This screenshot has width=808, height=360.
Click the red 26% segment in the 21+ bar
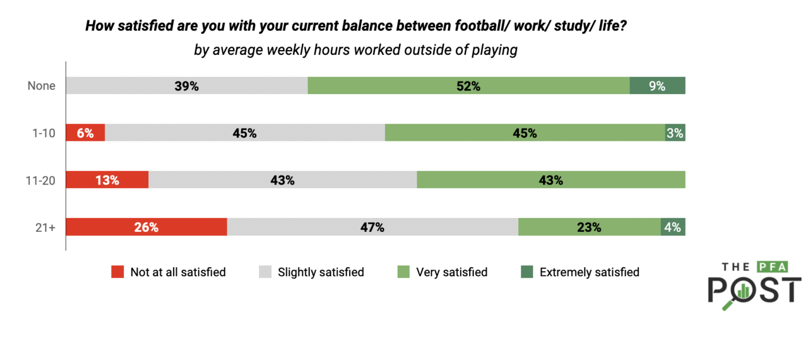(x=146, y=227)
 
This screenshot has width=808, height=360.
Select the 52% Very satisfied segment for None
(x=468, y=86)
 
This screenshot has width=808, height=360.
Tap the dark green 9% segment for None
(x=657, y=86)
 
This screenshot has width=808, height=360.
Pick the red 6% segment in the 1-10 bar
(x=85, y=133)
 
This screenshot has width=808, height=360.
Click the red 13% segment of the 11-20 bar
(x=107, y=180)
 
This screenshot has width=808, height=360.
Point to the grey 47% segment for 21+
(x=372, y=227)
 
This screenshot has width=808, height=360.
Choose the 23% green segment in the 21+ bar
(x=589, y=227)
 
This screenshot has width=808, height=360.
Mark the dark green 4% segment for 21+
(x=673, y=227)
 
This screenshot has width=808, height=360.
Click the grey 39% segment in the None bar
(x=186, y=86)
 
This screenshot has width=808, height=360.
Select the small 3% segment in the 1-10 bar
(x=675, y=133)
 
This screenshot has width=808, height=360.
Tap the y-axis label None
(x=42, y=86)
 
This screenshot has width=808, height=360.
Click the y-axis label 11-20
(x=40, y=180)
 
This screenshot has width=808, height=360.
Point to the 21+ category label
(x=44, y=227)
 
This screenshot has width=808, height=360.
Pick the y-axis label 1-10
(x=43, y=133)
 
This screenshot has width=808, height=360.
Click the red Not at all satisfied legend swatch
(x=118, y=272)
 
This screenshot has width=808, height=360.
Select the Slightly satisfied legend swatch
(x=265, y=272)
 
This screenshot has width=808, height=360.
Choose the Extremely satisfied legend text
(x=589, y=272)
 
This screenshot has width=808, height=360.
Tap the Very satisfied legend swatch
(x=404, y=272)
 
